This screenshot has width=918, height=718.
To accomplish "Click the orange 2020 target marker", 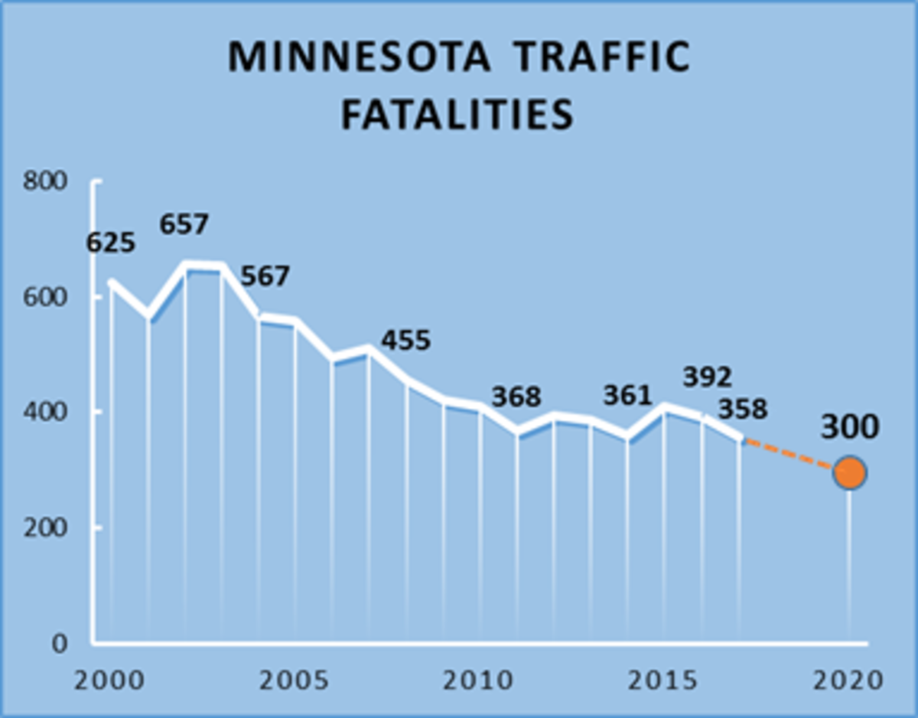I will [849, 473].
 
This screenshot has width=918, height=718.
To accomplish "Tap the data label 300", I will [850, 429].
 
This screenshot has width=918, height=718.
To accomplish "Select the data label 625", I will [110, 243].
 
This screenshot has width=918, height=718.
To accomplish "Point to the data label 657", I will [184, 225].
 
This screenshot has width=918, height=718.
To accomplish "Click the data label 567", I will [265, 276].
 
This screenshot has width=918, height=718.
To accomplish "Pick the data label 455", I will [405, 340].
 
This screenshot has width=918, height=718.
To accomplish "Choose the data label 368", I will [516, 397].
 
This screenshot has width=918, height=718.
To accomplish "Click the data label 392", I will [708, 377].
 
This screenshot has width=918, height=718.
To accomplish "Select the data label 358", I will [742, 409].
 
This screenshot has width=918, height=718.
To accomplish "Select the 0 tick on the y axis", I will [60, 644].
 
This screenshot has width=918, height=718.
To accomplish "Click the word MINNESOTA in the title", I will [360, 57].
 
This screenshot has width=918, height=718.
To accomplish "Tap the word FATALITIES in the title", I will [457, 115].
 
